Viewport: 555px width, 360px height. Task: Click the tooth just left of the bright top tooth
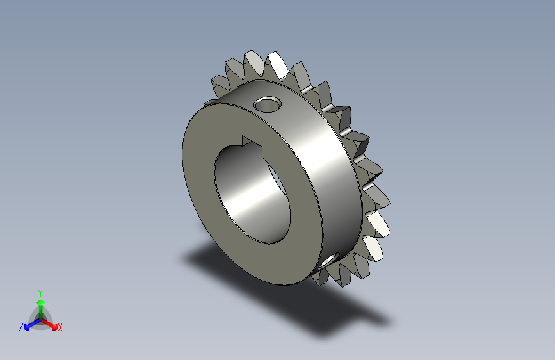coord(253,65)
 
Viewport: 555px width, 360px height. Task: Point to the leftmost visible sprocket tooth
coord(220,83)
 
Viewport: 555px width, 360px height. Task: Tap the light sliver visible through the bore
coord(282,185)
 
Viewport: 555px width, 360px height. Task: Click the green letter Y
coord(40,291)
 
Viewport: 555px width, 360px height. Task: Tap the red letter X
coord(60,328)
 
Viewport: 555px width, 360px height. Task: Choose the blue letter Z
coord(21,327)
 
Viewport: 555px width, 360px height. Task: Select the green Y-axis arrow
coord(40,304)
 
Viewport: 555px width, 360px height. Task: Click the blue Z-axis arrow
coord(29,324)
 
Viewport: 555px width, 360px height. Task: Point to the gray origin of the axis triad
coord(40,318)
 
